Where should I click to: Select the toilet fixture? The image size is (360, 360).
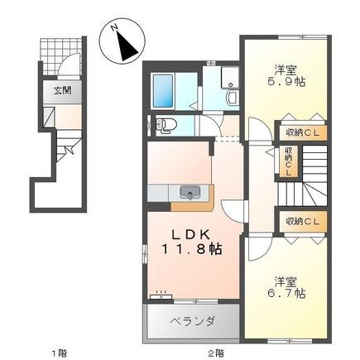pos(165,126)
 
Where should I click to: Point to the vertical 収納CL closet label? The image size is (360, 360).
pos(289,159)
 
